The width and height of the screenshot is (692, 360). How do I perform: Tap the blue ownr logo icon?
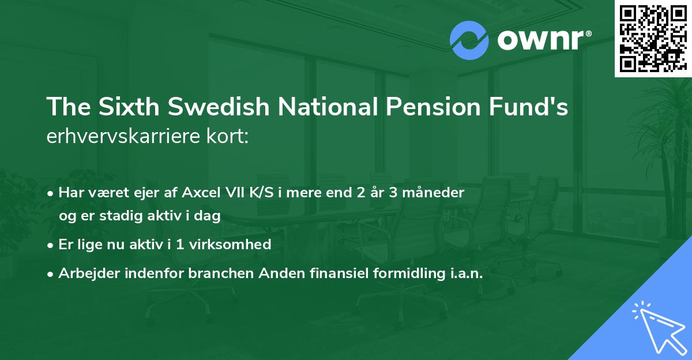[469, 40]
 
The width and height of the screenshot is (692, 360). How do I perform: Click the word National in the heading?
[314, 108]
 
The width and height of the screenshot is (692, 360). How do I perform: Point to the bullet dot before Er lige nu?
[51, 245]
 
